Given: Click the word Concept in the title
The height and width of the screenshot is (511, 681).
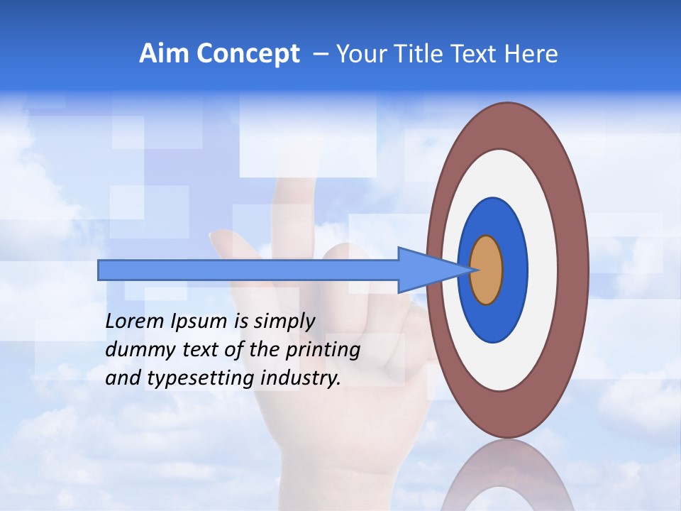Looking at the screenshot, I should pyautogui.click(x=248, y=54).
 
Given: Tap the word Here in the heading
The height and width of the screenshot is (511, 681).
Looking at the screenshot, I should pyautogui.click(x=531, y=54).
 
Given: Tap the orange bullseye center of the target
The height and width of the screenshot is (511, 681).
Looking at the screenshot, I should pyautogui.click(x=487, y=270).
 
